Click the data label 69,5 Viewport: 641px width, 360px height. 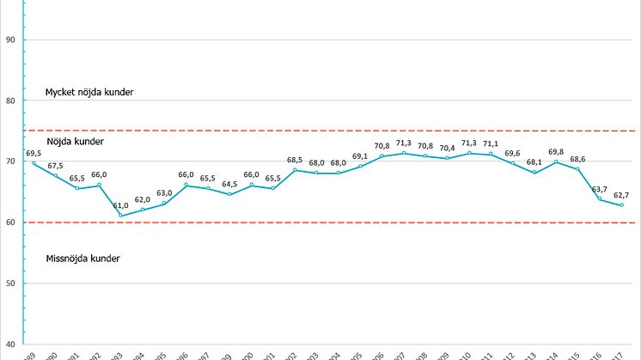34,153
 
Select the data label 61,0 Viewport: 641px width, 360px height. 121,205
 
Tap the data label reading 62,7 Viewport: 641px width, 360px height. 621,195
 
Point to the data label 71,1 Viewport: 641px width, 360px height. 491,143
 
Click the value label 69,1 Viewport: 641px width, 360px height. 360,156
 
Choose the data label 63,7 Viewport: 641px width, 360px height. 600,189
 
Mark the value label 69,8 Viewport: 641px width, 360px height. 557,151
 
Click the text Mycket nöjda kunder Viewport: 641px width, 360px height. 89,92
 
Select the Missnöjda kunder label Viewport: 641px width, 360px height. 82,259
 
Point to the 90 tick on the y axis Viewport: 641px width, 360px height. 11,40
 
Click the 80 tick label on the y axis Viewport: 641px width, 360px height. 11,101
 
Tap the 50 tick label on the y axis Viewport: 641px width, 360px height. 11,284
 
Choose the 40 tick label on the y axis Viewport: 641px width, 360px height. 11,345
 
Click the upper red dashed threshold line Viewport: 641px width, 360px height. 344,131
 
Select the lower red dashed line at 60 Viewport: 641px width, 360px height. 344,223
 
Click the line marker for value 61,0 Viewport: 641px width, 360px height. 121,216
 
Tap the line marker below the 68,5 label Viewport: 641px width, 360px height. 295,170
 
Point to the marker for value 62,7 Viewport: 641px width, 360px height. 621,205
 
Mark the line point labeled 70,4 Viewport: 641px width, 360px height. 447,158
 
